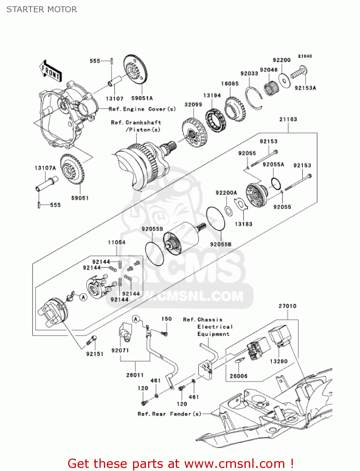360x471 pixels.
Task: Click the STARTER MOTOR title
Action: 41,9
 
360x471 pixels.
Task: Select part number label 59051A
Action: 142,98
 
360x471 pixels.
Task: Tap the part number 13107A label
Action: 45,168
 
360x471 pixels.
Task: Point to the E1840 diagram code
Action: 305,56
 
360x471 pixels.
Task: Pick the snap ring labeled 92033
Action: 254,98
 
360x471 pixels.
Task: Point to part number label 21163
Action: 288,119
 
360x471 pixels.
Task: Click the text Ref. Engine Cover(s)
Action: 142,109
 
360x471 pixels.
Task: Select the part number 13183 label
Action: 244,224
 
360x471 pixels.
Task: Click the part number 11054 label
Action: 116,242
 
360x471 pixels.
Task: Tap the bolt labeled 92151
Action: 92,340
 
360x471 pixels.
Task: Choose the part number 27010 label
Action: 287,306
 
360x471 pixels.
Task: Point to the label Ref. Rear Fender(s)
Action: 169,414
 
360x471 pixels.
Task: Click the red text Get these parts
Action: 180,463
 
